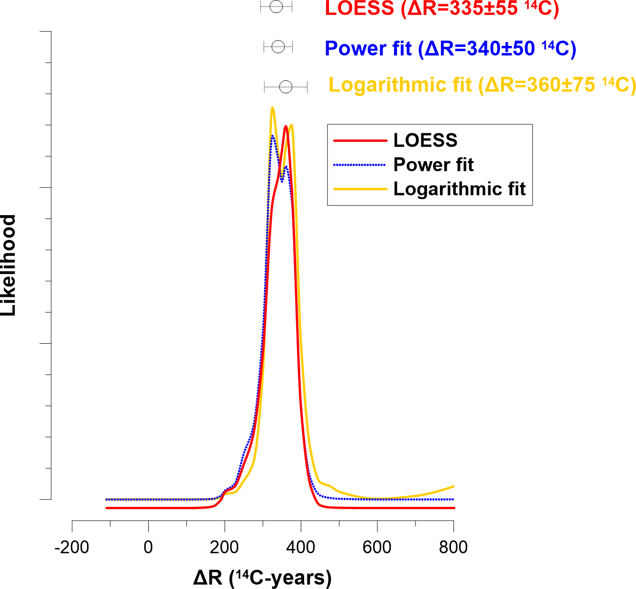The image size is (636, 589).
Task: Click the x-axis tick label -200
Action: (72, 547)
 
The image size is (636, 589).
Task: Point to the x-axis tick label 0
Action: (148, 547)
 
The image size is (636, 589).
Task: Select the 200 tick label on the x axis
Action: (224, 547)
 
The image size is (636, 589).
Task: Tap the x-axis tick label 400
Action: (301, 547)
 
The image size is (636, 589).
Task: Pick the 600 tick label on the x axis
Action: (377, 547)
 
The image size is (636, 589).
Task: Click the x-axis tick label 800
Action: (453, 547)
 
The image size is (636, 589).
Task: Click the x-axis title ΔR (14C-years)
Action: (262, 578)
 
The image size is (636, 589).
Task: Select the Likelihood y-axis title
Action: (9, 265)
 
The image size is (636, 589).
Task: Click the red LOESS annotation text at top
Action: (442, 9)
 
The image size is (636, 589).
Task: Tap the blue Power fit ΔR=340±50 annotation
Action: (450, 48)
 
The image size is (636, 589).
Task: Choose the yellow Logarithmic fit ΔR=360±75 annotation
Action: (482, 85)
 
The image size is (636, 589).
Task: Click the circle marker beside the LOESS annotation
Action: (276, 7)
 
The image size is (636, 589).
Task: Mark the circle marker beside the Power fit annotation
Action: (278, 47)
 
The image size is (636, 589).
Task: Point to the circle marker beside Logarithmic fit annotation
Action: (285, 87)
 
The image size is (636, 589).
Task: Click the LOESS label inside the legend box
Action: (425, 141)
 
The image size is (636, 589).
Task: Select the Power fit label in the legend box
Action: (433, 165)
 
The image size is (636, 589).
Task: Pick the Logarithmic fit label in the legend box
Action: (459, 189)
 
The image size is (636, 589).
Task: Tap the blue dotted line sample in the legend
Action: (359, 165)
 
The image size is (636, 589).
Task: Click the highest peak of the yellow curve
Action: (273, 108)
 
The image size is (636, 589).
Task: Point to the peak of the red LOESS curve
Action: (286, 126)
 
